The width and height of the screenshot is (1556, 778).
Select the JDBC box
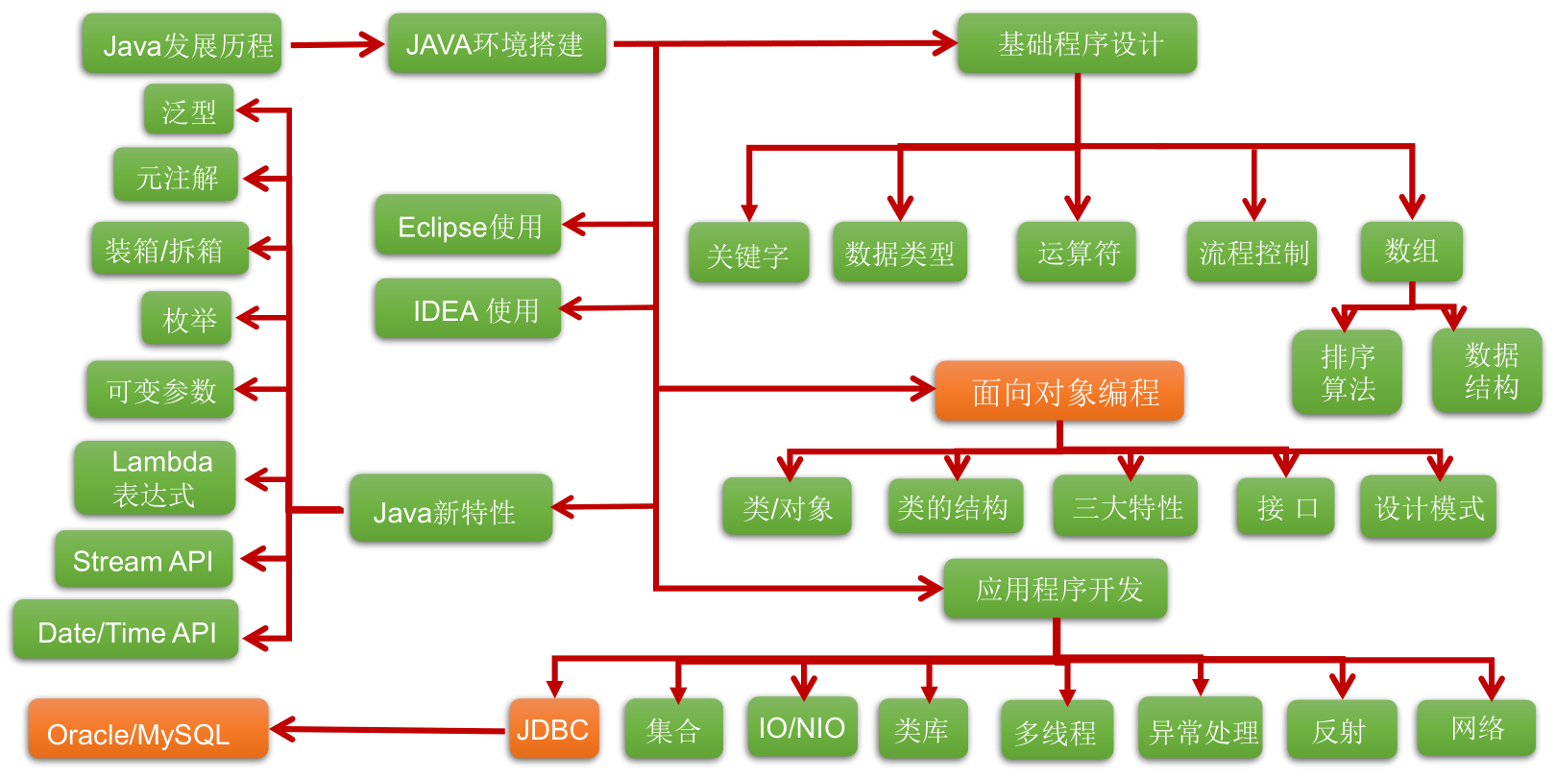point(553,729)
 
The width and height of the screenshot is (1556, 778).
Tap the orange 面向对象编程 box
point(1059,391)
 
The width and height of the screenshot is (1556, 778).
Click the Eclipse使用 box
point(468,226)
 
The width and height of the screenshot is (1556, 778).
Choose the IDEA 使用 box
point(468,309)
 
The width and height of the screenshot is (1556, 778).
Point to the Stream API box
point(144,560)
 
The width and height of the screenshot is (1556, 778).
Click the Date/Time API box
point(126,631)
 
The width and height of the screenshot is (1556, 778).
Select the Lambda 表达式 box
point(156,478)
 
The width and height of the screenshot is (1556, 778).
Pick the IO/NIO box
point(802,727)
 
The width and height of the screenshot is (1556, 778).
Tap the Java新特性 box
point(450,509)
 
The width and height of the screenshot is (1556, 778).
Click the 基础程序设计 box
point(1077,44)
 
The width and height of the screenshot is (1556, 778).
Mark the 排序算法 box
point(1347,373)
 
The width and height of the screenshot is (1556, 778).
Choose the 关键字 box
point(748,254)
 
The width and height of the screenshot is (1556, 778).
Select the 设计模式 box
point(1428,507)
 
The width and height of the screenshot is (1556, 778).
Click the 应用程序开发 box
point(1056,589)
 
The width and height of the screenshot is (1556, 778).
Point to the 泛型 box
point(189,110)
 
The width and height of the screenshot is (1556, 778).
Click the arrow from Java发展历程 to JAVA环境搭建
point(336,44)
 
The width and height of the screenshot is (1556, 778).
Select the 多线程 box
point(1057,731)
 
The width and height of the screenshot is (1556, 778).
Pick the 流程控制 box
point(1253,253)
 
